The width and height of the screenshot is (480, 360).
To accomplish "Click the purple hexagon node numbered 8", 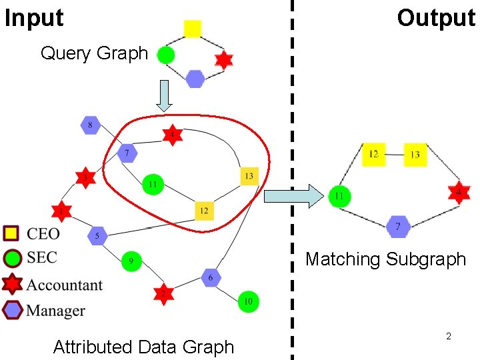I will coord(90,125).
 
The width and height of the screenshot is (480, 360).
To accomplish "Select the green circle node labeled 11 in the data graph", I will coord(153,183).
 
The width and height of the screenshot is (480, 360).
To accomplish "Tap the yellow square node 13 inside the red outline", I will coord(249,176).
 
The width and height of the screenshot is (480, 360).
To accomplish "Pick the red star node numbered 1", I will coord(61,212).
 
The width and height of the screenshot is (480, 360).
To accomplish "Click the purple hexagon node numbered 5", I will coord(97,235).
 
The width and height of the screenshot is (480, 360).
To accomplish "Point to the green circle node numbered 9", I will coord(131,261).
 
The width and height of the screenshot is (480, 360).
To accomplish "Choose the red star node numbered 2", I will coord(163,293).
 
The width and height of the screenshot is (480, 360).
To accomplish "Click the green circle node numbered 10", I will coord(248,302).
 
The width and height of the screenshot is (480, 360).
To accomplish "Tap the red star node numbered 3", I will coord(85,177).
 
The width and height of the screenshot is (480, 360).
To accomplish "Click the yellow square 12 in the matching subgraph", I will coord(373,155).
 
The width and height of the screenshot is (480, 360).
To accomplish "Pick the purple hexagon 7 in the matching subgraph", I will coord(398,227).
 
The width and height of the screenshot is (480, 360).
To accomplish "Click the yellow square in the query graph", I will coord(192,28).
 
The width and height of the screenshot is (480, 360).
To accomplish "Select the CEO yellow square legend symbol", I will coord(11,233).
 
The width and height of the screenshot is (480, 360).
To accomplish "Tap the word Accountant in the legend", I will coord(65,285).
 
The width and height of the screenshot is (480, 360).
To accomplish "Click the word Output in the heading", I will coord(436,18).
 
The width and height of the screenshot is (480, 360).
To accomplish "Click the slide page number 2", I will coord(449,336).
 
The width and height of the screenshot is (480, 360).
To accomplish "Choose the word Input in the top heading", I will coord(34,18).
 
